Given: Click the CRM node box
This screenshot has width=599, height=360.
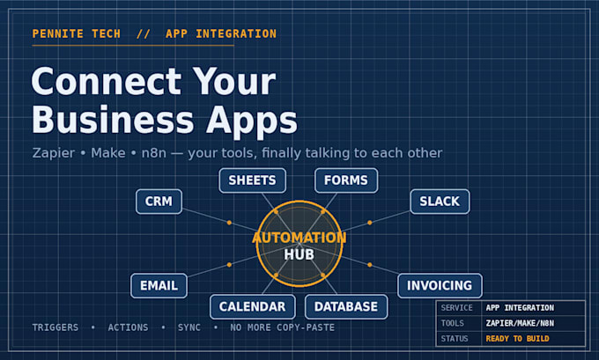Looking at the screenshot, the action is pos(159,202).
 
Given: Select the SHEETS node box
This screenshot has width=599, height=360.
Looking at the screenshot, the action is pos(253,180).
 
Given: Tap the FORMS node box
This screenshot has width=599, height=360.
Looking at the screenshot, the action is pos(346,180).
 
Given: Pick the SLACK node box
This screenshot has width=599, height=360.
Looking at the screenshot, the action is pos(440,202).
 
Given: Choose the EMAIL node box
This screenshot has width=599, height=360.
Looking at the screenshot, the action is pos(159,285).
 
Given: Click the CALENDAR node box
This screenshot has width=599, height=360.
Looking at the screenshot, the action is pos(253,306).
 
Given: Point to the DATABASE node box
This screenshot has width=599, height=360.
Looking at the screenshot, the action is pos(346,306).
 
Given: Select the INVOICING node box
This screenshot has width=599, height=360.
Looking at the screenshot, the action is pos(440,285).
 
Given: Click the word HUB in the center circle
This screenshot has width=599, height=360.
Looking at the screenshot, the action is pos(299,254).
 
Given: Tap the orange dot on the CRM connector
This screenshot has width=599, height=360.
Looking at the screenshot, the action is pos(229,223).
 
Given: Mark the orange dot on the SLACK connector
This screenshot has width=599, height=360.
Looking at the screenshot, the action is pos(369,223).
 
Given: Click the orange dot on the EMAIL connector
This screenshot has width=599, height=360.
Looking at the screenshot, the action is pos(229,265).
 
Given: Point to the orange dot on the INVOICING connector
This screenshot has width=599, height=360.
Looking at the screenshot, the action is pos(369,265).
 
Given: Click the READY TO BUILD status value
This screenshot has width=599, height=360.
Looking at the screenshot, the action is pos(518,339).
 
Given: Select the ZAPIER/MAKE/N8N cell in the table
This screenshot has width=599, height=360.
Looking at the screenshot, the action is pos(520,323).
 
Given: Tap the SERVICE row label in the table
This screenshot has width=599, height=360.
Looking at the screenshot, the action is pos(456,308).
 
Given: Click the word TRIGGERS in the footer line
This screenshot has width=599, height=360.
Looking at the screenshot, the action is pos(55,327).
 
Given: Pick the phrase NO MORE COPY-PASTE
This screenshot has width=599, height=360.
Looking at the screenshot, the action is pos(282,327).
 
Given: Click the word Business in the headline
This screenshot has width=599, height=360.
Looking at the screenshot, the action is pos(113,120).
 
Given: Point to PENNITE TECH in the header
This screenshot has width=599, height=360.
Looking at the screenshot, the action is pos(77,34).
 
